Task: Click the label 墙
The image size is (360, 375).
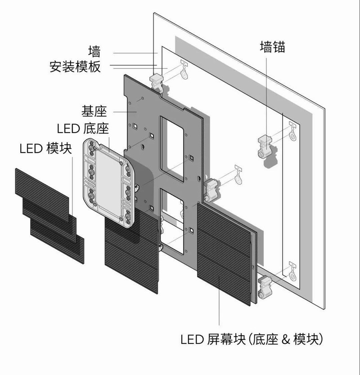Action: coord(94,49)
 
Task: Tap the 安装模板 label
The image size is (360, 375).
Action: coord(75,67)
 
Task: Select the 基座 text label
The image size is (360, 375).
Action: coord(94,111)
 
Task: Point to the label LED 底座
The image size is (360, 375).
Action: coord(83,129)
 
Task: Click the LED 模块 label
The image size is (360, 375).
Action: coord(46,148)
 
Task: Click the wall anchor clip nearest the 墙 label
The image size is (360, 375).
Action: coord(156,81)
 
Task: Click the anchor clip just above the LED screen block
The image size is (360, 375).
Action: coord(210,187)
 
